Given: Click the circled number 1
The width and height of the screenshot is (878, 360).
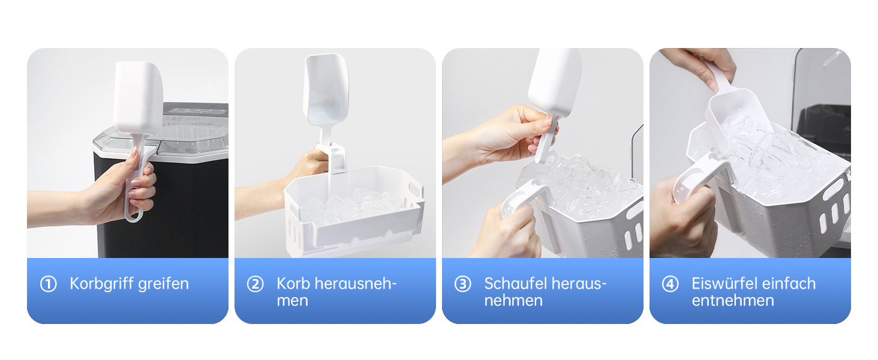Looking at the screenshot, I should [48, 284].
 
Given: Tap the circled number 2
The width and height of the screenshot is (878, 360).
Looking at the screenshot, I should [255, 284].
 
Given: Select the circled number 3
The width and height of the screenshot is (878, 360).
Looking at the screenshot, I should [462, 284].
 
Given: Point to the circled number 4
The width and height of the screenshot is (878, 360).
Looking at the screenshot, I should [670, 284].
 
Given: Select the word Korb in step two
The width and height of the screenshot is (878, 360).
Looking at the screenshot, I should [293, 283].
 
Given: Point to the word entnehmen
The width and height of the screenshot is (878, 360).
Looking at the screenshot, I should [732, 301].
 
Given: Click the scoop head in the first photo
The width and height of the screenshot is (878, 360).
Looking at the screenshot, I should [137, 96].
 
